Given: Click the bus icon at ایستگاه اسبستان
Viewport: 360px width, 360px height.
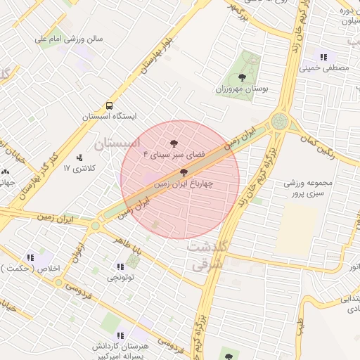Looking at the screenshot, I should [109, 103].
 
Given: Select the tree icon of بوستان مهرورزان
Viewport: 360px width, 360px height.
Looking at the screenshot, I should [242, 77].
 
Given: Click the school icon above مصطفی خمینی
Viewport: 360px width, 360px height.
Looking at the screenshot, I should [323, 57].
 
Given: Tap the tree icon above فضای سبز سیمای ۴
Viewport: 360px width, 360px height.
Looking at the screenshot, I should [174, 141].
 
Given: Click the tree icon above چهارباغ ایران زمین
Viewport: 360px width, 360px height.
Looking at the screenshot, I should [184, 172].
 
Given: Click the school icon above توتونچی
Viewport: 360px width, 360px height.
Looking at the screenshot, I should [120, 266].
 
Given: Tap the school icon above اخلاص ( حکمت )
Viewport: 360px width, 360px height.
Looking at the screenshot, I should [30, 258].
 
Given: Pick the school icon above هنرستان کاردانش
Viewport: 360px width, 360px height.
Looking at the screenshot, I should [120, 335].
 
